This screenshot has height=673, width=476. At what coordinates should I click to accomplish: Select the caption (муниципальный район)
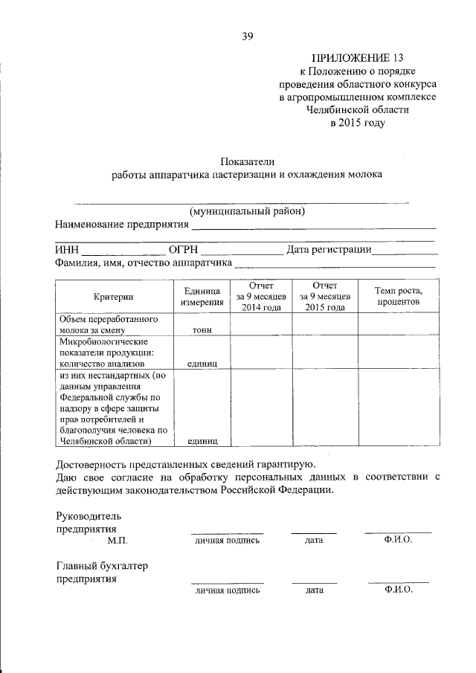247,210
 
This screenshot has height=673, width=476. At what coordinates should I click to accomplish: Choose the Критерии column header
114,297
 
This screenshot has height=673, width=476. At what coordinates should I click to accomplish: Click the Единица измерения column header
202,297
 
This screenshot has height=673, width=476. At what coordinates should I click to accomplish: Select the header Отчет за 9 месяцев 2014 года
261,297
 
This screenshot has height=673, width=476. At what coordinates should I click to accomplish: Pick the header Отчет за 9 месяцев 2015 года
325,297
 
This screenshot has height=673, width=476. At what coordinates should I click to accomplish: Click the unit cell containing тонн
202,329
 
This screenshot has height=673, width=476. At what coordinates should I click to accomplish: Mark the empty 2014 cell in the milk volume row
261,324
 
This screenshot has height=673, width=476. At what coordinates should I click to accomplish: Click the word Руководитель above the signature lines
89,515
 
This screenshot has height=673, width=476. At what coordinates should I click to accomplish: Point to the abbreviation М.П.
118,541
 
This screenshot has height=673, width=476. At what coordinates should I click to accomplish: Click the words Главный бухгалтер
102,566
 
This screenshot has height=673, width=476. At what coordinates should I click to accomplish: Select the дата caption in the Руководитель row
314,540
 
